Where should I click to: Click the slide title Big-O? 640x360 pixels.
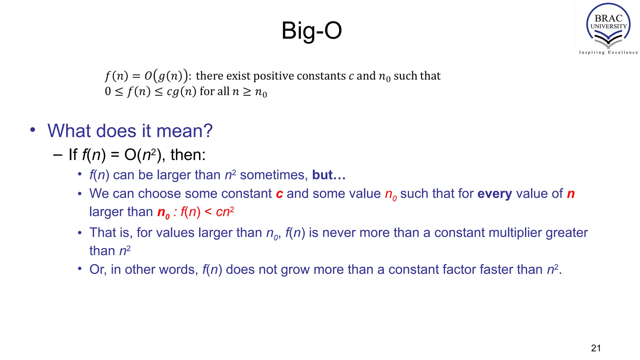(312, 31)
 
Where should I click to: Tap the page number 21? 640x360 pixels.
(596, 348)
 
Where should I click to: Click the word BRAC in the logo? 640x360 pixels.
(608, 18)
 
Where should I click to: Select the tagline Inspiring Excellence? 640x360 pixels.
(608, 52)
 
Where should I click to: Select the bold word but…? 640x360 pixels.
(329, 175)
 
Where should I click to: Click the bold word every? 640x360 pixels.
(494, 194)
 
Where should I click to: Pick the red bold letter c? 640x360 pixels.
(279, 194)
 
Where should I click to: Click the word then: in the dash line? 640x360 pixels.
(188, 155)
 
